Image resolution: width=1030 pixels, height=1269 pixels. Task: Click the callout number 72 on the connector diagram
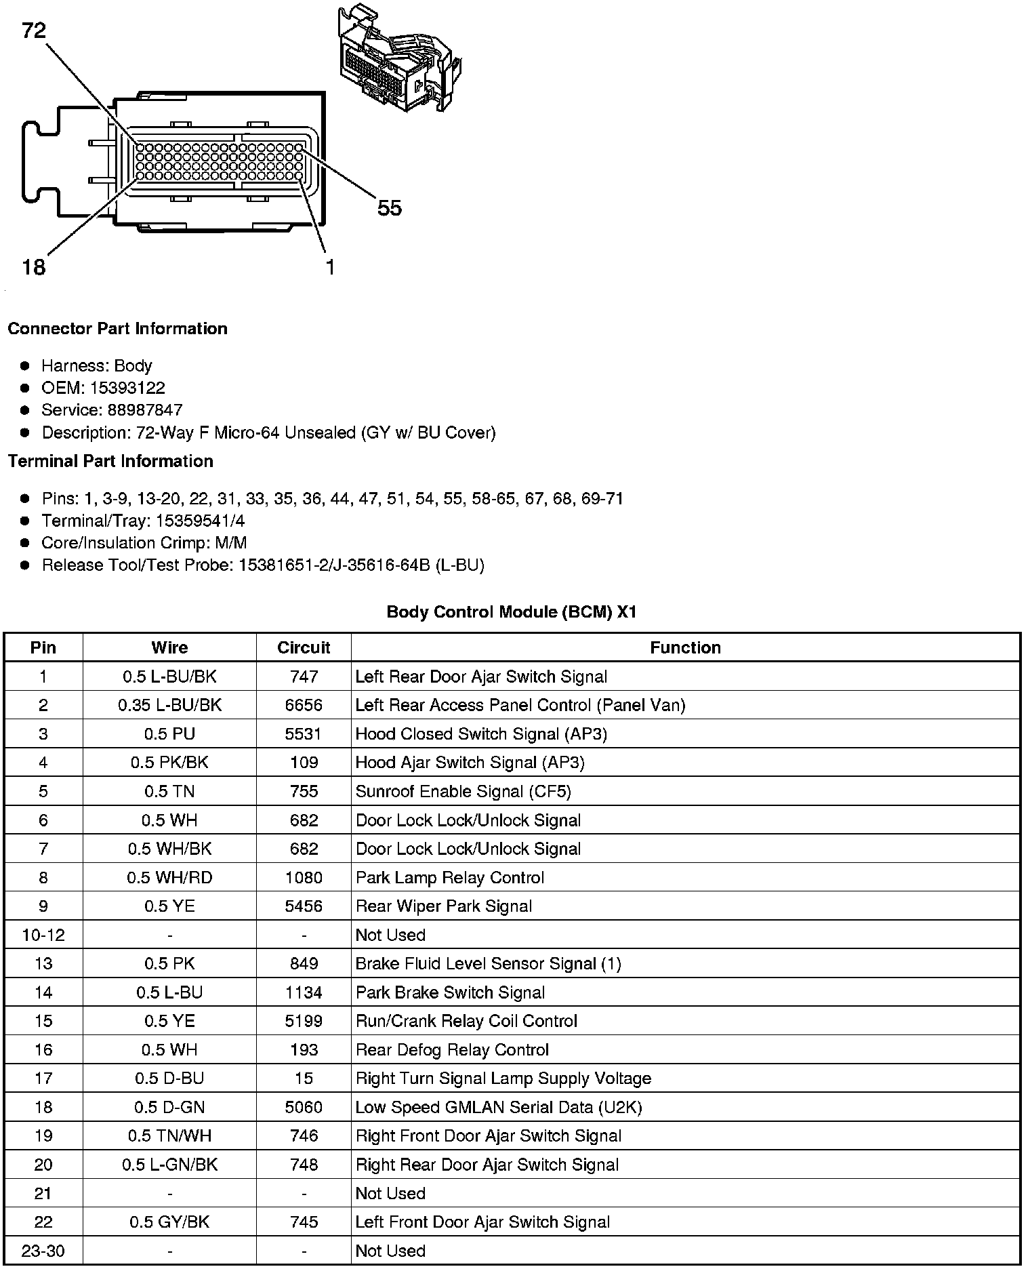click(34, 31)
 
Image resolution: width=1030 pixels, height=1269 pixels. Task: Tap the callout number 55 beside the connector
click(390, 208)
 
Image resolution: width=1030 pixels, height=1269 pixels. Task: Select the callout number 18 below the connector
click(34, 267)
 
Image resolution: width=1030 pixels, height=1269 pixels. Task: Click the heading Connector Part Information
click(117, 329)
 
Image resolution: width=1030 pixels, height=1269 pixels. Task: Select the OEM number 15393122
click(127, 388)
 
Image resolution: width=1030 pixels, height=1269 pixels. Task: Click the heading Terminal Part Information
click(110, 462)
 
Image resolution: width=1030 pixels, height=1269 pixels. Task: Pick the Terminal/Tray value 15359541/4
click(201, 521)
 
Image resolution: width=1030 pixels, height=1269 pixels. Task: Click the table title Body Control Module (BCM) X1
click(512, 612)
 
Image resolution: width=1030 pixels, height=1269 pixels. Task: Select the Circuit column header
click(304, 647)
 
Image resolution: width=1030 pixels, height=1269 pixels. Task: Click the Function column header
click(685, 647)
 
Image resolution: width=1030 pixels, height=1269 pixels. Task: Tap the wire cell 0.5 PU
click(169, 734)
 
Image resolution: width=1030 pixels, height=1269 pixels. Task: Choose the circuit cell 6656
click(304, 705)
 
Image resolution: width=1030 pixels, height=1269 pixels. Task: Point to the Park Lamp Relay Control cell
click(450, 878)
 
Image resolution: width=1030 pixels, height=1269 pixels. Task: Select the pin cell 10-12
click(43, 935)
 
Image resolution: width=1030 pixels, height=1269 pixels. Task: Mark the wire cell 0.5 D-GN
click(169, 1108)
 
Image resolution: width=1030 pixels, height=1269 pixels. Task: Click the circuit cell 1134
click(304, 992)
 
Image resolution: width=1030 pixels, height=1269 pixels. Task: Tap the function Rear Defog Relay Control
click(452, 1050)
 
